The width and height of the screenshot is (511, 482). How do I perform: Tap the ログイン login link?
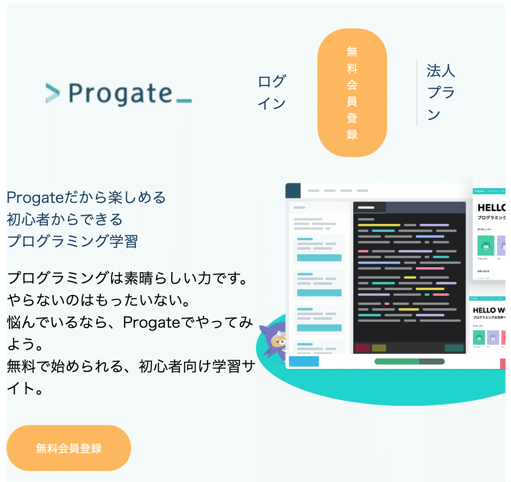(x=272, y=93)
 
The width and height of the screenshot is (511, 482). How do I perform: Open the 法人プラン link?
(x=440, y=93)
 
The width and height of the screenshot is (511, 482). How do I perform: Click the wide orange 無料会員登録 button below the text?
(x=69, y=448)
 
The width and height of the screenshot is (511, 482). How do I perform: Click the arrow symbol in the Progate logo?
(x=53, y=93)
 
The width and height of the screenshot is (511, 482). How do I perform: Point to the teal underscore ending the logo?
(x=183, y=101)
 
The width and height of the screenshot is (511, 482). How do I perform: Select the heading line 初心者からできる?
(x=65, y=219)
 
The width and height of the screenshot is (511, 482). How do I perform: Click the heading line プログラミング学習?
(x=72, y=241)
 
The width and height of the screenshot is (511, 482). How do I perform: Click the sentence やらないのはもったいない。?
(x=99, y=301)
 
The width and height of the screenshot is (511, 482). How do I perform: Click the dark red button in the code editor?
(x=362, y=348)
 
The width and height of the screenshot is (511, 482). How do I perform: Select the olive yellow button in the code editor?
(x=379, y=348)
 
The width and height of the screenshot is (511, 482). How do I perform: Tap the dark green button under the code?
(x=454, y=348)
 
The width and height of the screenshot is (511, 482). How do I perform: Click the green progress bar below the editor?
(x=409, y=361)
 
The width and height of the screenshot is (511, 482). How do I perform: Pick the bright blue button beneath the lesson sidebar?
(x=304, y=361)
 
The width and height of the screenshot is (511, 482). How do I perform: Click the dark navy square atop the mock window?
(x=293, y=191)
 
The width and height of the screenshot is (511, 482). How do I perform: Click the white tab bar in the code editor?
(x=369, y=207)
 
